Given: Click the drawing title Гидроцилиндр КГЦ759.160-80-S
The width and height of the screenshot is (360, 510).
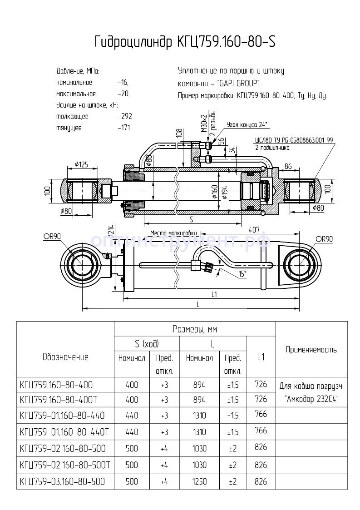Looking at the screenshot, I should pyautogui.click(x=184, y=42).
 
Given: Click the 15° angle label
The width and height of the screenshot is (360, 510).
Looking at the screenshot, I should pyautogui.click(x=243, y=274).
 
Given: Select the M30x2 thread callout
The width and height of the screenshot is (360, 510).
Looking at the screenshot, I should pyautogui.click(x=204, y=122).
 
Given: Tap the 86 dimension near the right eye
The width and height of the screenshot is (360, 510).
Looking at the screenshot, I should pyautogui.click(x=288, y=167).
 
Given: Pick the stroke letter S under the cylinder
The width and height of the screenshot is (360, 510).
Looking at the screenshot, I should pyautogui.click(x=191, y=219).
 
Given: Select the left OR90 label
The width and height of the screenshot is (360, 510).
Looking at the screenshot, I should pyautogui.click(x=52, y=237).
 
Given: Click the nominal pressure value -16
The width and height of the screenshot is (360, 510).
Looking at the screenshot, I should pyautogui.click(x=123, y=83).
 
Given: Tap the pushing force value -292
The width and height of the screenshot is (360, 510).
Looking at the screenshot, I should pyautogui.click(x=124, y=116).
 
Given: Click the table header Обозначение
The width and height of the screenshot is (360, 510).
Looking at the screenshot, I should pyautogui.click(x=65, y=357).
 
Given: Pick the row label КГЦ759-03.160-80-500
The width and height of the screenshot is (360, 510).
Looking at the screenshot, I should pyautogui.click(x=63, y=481).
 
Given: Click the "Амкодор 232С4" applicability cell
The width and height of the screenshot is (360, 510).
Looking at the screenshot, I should pyautogui.click(x=311, y=400).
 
